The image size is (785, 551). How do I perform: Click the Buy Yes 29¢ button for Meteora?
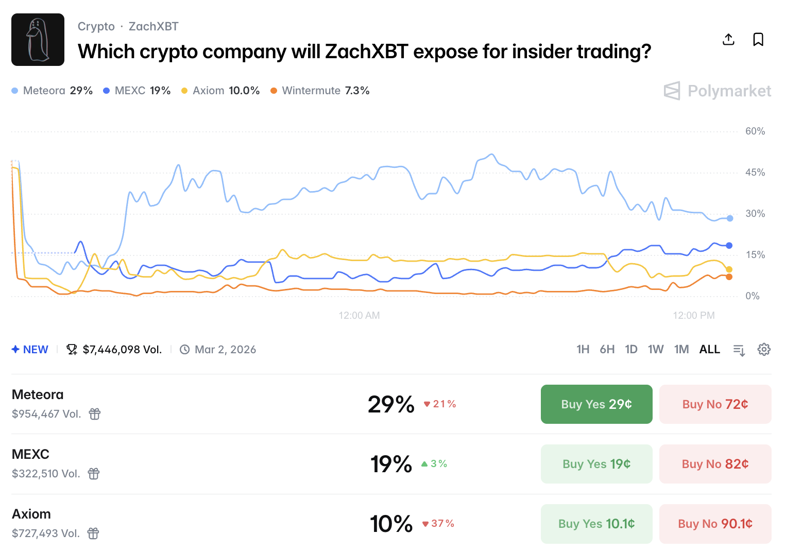pos(596,404)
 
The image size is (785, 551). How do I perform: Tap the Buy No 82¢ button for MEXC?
pos(715,464)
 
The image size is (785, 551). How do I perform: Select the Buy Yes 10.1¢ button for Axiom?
pos(596,524)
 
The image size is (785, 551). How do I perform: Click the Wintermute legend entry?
pos(320,91)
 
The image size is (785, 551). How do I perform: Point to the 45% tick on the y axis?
pos(755,173)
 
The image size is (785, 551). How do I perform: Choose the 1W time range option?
pos(655,350)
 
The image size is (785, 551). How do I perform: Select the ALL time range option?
pos(709,350)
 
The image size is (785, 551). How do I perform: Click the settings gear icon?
pos(764,350)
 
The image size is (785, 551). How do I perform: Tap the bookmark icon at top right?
pos(758,40)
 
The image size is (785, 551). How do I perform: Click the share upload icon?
pos(728,40)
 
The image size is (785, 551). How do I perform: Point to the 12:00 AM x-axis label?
pos(359,316)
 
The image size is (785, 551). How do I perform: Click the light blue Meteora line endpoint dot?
pos(730,218)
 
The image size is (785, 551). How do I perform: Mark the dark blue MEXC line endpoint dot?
pos(729,246)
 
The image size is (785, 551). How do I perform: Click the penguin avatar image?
pos(38,40)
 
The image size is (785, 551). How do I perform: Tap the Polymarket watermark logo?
pos(717,91)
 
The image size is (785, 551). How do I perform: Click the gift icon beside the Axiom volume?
pos(93,533)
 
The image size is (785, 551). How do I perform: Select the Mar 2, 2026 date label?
pos(225,350)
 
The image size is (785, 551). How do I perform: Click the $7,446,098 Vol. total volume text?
pos(122,350)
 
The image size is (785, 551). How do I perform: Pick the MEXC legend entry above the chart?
pos(136,91)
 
